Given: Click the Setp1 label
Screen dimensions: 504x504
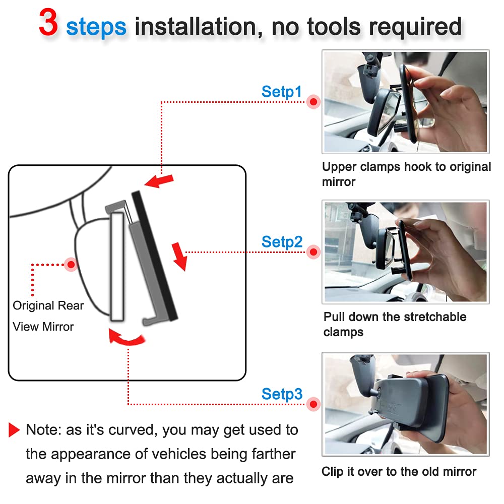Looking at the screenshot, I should click(x=281, y=92).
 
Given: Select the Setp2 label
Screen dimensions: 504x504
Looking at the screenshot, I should click(x=282, y=242).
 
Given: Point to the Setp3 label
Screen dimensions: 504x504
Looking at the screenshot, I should click(x=282, y=394).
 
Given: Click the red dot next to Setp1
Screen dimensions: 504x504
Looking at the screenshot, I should click(x=313, y=102).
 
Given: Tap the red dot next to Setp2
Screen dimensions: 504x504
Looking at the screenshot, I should click(x=313, y=252).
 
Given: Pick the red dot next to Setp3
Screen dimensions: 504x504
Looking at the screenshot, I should click(x=313, y=404).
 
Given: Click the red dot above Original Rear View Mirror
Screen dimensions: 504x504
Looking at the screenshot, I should click(x=71, y=264).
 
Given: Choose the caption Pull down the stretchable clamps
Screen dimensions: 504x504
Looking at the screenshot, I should click(x=395, y=324).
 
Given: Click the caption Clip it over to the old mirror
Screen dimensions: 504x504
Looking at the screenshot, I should click(x=399, y=472).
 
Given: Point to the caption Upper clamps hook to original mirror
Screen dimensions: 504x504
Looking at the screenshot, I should click(x=406, y=174).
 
